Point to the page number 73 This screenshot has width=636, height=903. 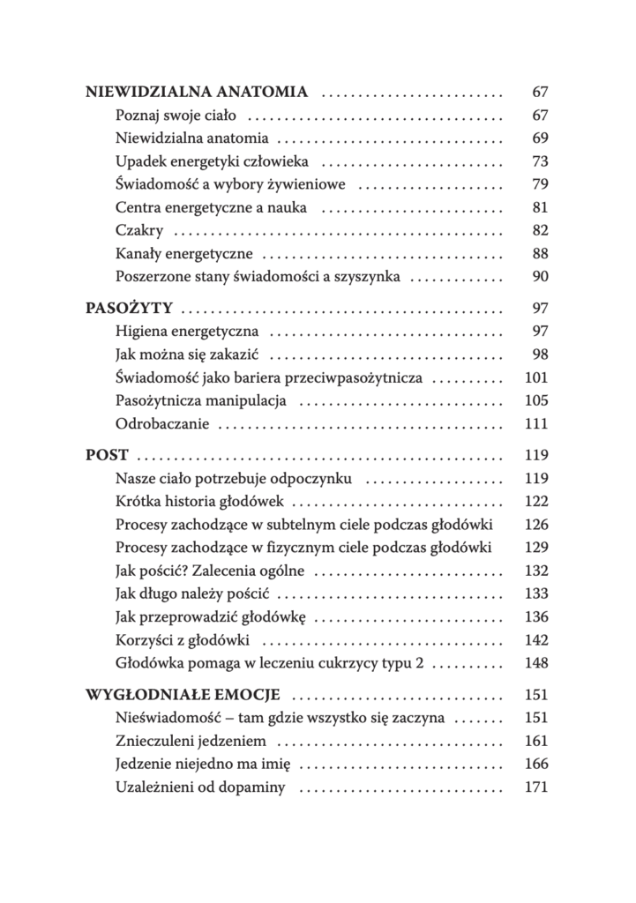[541, 161]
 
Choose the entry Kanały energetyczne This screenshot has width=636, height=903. [184, 253]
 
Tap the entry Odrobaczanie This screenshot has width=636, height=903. [162, 423]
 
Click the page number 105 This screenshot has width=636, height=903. [536, 400]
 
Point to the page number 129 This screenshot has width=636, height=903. [536, 548]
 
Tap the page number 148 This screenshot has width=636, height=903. [536, 662]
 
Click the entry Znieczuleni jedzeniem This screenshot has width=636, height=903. [191, 741]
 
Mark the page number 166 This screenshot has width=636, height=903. [536, 764]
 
